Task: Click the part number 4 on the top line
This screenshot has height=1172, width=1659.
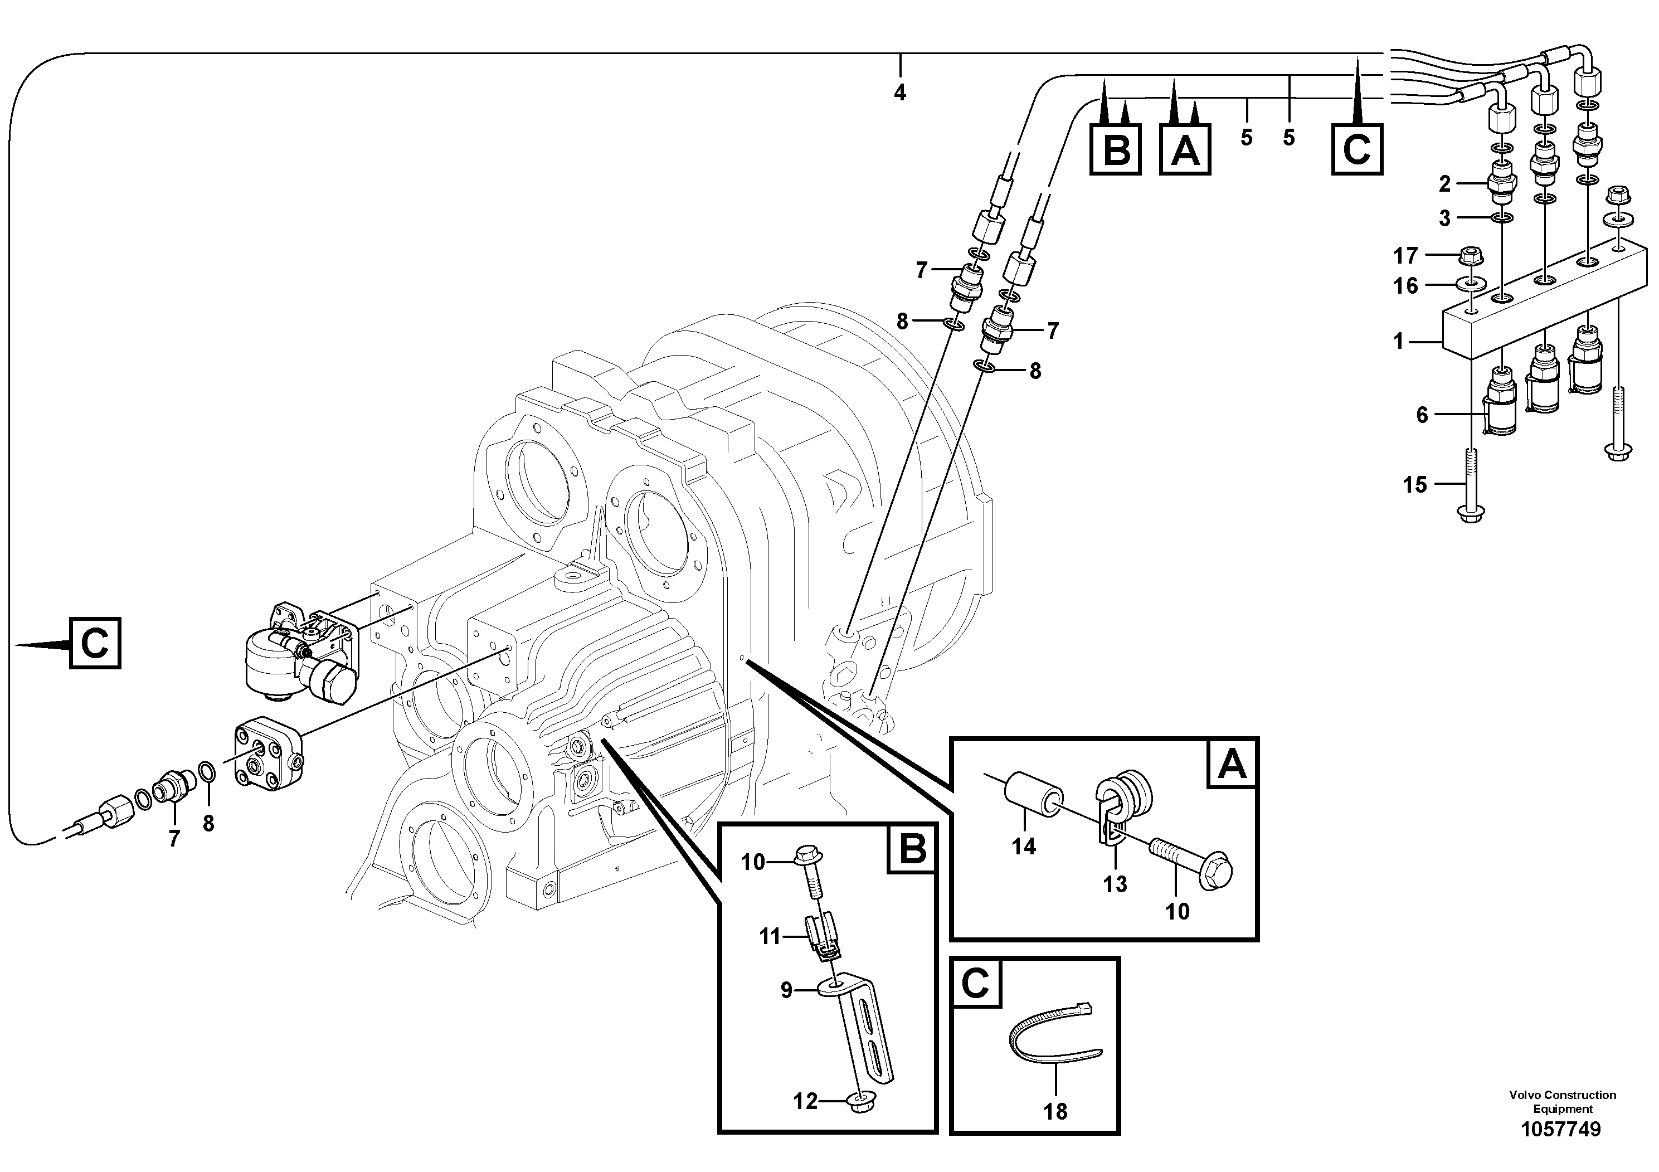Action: click(899, 93)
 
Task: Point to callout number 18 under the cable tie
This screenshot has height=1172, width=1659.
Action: click(1055, 1111)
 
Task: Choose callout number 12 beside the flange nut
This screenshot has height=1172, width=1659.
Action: click(806, 1101)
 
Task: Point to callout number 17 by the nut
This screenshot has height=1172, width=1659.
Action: click(1405, 256)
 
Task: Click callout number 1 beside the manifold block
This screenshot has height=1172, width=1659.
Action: click(1398, 341)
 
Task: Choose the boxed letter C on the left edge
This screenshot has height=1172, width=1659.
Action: click(95, 643)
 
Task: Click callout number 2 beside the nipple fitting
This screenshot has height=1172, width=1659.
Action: click(1444, 184)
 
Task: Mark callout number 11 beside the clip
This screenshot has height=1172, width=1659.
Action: click(770, 937)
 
